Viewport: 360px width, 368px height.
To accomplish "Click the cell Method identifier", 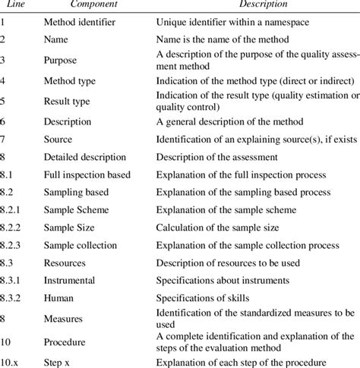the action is click(x=80, y=23).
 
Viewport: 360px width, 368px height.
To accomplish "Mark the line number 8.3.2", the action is click(x=14, y=297).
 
